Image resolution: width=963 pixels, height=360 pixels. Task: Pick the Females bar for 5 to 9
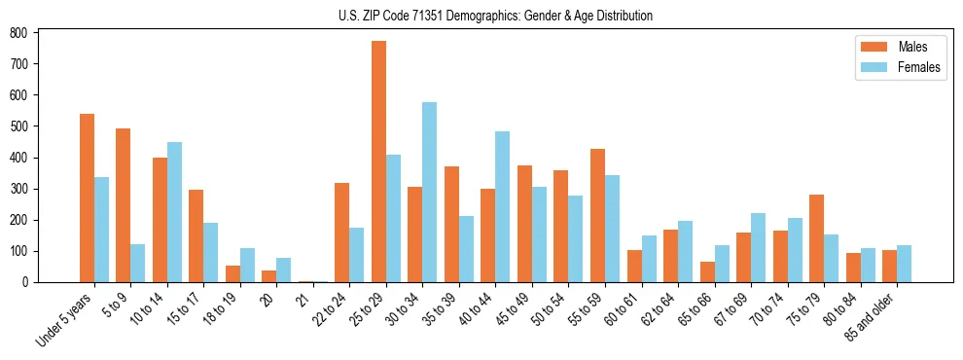[137, 263]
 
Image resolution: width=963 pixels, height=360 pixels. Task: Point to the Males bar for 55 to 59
[597, 215]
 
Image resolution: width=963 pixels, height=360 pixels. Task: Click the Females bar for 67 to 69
[758, 247]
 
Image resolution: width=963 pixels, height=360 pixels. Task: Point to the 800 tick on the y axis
[37, 32]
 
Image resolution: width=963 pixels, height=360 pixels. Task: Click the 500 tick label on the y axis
[18, 126]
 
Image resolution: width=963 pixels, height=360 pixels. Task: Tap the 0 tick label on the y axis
[27, 282]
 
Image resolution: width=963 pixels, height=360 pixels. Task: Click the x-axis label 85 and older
[870, 313]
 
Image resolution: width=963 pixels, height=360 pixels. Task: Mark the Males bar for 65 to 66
[706, 271]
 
